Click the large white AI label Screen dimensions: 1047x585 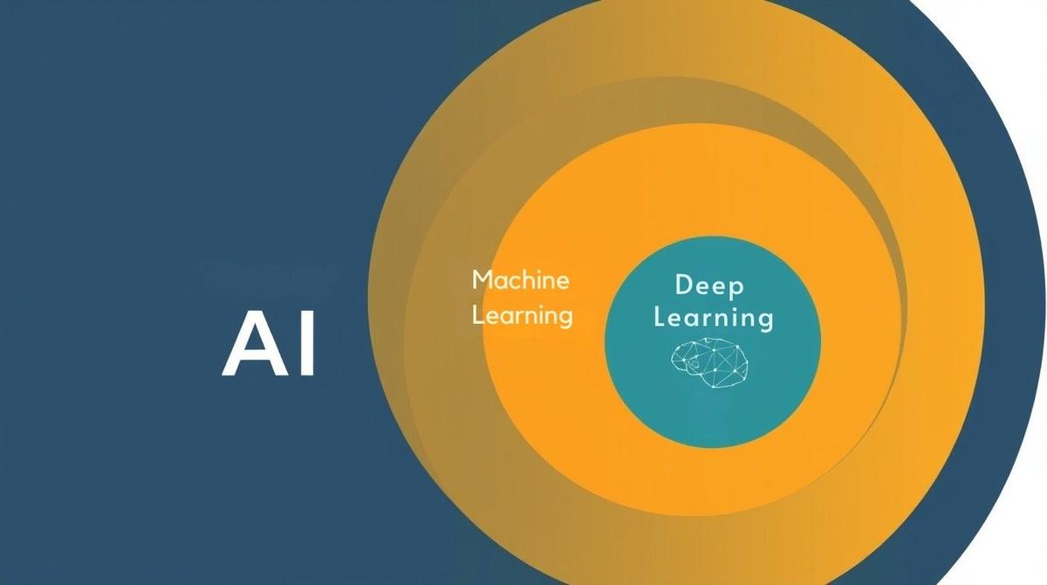tap(269, 344)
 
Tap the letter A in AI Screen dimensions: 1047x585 tap(255, 344)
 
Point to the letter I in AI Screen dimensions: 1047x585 tap(308, 344)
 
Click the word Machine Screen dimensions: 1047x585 tap(521, 279)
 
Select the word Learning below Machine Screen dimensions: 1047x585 tap(522, 316)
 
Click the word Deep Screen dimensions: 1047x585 tap(709, 286)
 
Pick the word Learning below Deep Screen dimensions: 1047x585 tap(714, 318)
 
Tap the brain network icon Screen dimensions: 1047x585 tap(709, 362)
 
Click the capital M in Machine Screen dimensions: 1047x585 tap(482, 279)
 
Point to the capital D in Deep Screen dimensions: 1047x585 tap(684, 285)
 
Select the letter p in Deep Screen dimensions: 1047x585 tap(736, 289)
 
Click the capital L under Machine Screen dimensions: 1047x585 tap(477, 314)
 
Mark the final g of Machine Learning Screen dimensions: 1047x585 tap(565, 319)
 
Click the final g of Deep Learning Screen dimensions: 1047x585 tap(766, 323)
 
